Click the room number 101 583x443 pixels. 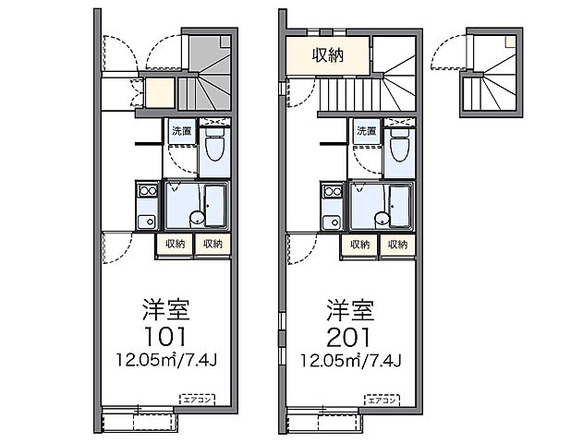pyautogui.click(x=166, y=333)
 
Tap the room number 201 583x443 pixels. pyautogui.click(x=351, y=333)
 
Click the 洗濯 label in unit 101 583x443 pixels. pyautogui.click(x=181, y=132)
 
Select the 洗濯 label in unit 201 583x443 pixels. pyautogui.click(x=366, y=132)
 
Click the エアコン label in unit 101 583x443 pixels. pyautogui.click(x=198, y=400)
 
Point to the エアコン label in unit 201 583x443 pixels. pyautogui.click(x=383, y=400)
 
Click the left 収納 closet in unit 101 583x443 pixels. pyautogui.click(x=175, y=245)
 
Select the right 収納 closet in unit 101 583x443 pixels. pyautogui.click(x=213, y=245)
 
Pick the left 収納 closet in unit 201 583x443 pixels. pyautogui.click(x=359, y=245)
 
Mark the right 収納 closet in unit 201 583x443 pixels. pyautogui.click(x=397, y=245)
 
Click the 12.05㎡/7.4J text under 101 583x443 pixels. pyautogui.click(x=166, y=358)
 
